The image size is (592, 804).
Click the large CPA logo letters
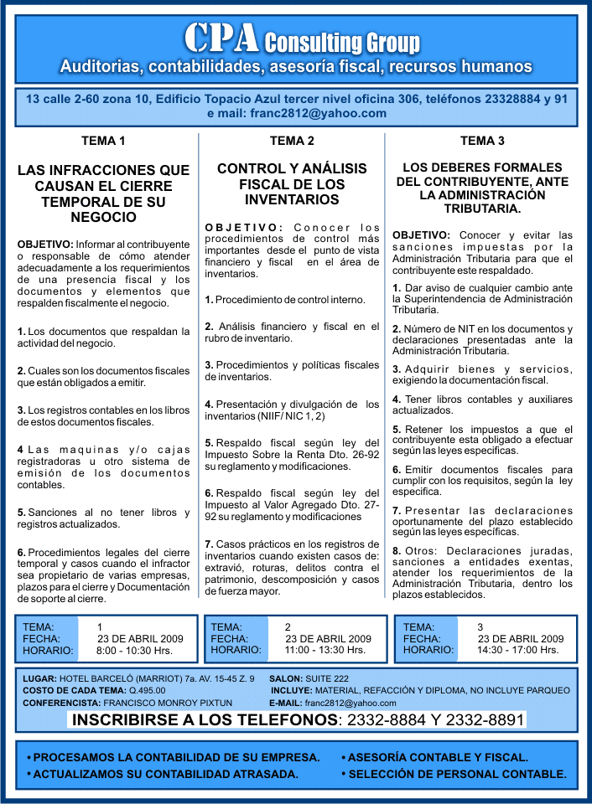(221, 38)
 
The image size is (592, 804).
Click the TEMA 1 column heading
(103, 141)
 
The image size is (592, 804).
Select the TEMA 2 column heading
(292, 141)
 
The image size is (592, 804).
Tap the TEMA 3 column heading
(483, 141)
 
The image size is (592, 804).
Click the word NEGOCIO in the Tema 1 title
(104, 218)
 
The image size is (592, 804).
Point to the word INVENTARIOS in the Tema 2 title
(292, 200)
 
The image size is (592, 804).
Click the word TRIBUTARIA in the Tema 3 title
(482, 209)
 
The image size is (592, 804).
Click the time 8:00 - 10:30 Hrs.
(135, 650)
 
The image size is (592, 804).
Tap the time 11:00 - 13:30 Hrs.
(325, 650)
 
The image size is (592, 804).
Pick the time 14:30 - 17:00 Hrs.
(517, 650)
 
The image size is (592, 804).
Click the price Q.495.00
(147, 691)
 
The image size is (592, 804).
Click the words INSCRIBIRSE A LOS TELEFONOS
(205, 721)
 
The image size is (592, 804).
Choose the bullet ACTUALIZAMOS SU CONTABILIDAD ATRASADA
(163, 774)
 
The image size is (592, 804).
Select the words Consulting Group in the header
(342, 43)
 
